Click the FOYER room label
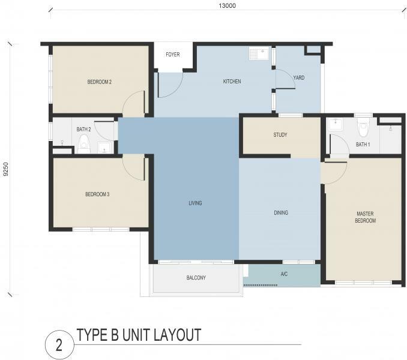(x=173, y=55)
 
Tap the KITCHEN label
(x=232, y=82)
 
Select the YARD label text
(x=299, y=77)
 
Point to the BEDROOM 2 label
(x=100, y=82)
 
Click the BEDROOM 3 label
(x=97, y=194)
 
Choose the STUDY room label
(x=280, y=135)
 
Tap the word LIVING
(x=195, y=203)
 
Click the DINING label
(x=281, y=212)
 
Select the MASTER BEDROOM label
(x=365, y=217)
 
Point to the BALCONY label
(x=196, y=278)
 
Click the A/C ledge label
(x=284, y=274)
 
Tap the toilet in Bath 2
(x=83, y=144)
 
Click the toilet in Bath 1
(x=363, y=127)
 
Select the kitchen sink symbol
(x=259, y=53)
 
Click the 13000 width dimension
(x=227, y=6)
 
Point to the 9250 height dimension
(x=6, y=169)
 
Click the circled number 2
(x=59, y=345)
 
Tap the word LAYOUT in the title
(x=177, y=335)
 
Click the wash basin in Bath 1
(x=336, y=124)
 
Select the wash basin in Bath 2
(x=104, y=148)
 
